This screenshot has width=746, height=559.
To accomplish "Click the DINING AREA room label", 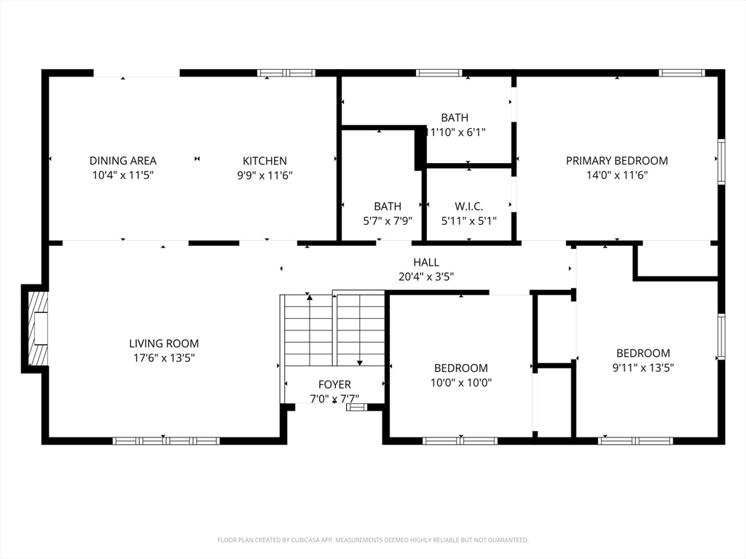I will point(123,161).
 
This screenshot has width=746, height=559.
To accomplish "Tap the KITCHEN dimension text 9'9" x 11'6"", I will point(264,175).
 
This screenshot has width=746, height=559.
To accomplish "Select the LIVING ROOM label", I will point(164,344).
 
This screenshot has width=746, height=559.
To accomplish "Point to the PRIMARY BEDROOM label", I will point(616,161).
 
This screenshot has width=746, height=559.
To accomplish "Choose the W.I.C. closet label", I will point(468,207).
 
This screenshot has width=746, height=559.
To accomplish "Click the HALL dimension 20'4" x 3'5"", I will point(426,277).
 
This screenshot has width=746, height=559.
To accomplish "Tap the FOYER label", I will point(334,384).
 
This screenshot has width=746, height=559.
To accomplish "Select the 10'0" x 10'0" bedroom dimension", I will point(460,382).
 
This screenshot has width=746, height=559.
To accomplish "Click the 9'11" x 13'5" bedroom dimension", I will point(643,368).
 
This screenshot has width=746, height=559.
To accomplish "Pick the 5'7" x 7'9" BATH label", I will point(388,207).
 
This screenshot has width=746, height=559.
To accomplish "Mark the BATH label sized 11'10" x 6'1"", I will point(455,118).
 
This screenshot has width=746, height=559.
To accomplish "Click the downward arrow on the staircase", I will point(359,362).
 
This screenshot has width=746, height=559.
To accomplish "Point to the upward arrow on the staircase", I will point(310,297).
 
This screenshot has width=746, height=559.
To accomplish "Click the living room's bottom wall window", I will point(166,440).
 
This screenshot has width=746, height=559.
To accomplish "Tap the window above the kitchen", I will point(287,73).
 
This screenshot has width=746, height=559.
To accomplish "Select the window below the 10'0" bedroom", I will point(460,440).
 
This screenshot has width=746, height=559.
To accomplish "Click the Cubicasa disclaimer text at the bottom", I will point(373,540).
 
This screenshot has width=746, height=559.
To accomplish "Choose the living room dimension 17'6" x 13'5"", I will point(164,357).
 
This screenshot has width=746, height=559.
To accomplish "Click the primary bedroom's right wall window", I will point(721,162).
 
